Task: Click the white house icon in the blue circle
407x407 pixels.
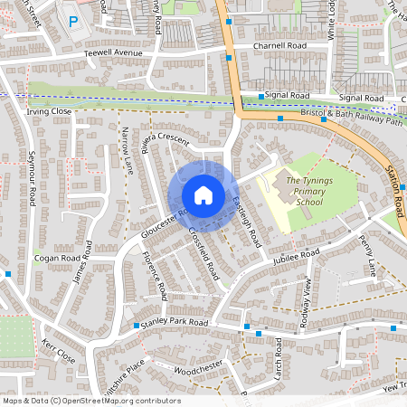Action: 203,195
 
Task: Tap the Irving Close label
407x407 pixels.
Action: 49,111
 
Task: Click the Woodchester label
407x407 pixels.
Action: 197,370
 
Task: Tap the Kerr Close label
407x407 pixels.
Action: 59,351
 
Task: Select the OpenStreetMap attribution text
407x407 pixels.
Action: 91,401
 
